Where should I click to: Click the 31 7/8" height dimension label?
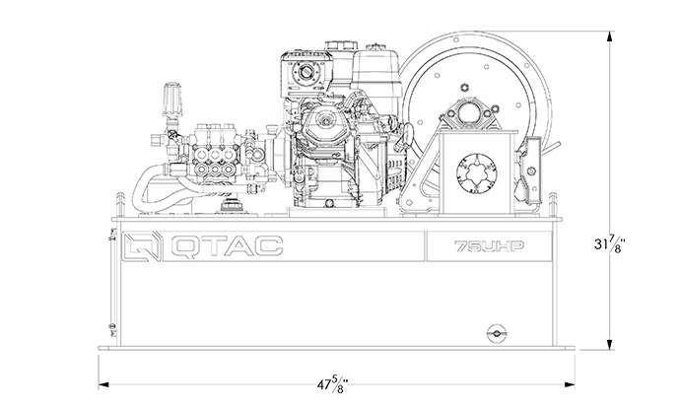point(610,243)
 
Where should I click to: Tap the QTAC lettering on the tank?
point(227,246)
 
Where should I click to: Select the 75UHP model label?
point(489,246)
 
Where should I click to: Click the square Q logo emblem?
point(141,246)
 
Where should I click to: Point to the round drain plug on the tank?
point(497,333)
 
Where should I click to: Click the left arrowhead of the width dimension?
point(103,384)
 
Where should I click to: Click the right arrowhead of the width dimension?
point(570,384)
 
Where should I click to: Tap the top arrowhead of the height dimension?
point(610,36)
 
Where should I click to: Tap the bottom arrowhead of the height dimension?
point(610,344)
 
